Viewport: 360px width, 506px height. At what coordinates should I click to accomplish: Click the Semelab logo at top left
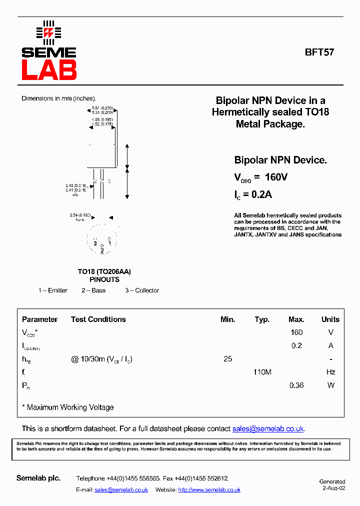pyautogui.click(x=48, y=50)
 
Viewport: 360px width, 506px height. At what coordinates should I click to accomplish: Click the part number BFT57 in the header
pyautogui.click(x=319, y=51)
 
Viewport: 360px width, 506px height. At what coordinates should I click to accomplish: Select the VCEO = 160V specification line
pyautogui.click(x=260, y=177)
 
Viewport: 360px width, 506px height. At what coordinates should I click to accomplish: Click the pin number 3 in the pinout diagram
pyautogui.click(x=94, y=243)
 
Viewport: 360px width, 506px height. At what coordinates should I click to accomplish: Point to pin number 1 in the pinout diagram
pyautogui.click(x=109, y=243)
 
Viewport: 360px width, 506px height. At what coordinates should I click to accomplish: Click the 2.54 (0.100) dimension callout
pyautogui.click(x=80, y=215)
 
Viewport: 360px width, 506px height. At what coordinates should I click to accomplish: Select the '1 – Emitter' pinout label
pyautogui.click(x=53, y=290)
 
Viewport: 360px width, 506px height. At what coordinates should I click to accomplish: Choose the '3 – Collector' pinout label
pyautogui.click(x=142, y=290)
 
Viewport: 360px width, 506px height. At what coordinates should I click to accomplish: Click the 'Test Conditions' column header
pyautogui.click(x=98, y=319)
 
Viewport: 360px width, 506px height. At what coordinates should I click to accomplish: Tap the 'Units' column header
pyautogui.click(x=330, y=319)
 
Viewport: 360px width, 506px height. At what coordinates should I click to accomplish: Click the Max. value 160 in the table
pyautogui.click(x=296, y=332)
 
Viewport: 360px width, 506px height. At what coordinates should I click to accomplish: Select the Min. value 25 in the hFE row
pyautogui.click(x=227, y=359)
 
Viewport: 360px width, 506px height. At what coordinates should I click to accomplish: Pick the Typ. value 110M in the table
pyautogui.click(x=262, y=372)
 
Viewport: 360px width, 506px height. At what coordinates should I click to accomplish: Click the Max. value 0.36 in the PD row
pyautogui.click(x=296, y=385)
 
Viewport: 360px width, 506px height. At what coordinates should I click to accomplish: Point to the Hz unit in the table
pyautogui.click(x=330, y=372)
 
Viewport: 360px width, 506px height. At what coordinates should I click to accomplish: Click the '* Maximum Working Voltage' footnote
pyautogui.click(x=68, y=407)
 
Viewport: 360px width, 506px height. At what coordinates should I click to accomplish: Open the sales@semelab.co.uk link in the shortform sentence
pyautogui.click(x=268, y=429)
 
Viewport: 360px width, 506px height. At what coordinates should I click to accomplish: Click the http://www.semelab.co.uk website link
pyautogui.click(x=209, y=490)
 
